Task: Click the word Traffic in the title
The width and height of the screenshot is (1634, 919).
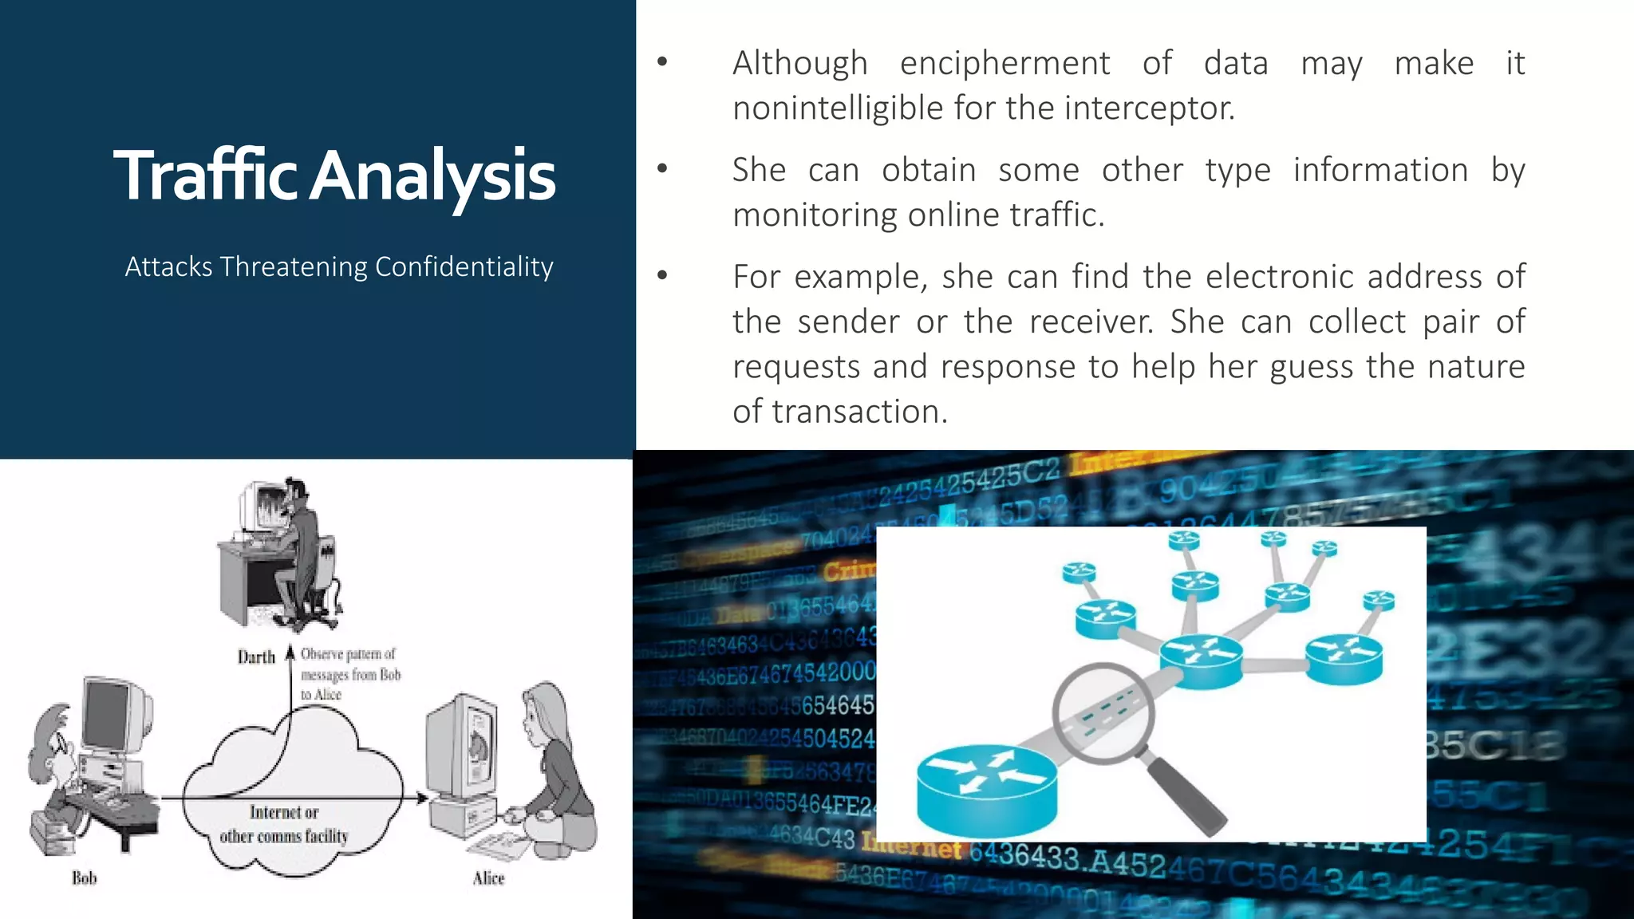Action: [x=206, y=176]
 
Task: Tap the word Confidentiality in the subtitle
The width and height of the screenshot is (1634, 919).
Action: [x=464, y=266]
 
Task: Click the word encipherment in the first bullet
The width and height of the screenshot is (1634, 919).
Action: [x=1004, y=64]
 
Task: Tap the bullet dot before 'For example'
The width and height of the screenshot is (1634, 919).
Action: [x=662, y=276]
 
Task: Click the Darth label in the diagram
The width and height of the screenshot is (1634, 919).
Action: [x=255, y=657]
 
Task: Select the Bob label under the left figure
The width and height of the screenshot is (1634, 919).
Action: [x=84, y=878]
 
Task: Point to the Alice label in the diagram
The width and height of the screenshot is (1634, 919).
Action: [x=488, y=878]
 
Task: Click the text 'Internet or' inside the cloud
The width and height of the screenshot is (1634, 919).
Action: [x=284, y=812]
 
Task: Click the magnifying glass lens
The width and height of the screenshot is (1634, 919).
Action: [x=1103, y=712]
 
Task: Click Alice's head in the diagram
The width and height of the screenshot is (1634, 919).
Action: [x=546, y=711]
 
